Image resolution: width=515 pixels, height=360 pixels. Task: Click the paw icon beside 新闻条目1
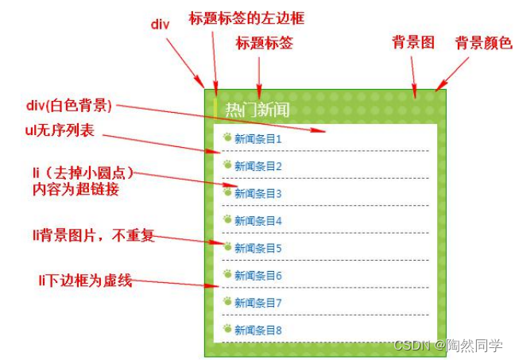click(227, 137)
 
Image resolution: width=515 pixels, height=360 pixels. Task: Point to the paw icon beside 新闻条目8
click(227, 328)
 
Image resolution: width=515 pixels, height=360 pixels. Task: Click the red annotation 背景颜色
click(483, 44)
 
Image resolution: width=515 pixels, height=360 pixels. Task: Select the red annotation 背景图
click(413, 44)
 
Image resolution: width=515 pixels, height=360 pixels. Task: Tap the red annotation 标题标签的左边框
click(246, 17)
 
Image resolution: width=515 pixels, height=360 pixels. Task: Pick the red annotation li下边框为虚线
click(84, 280)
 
